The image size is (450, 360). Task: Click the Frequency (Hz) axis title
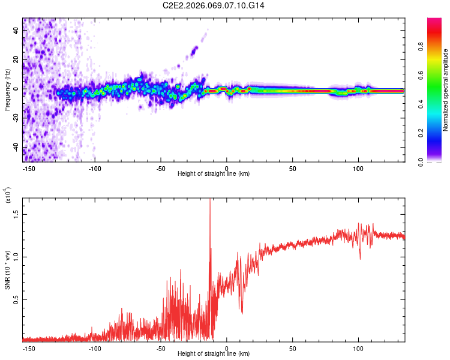click(x=8, y=89)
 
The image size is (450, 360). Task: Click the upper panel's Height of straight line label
click(x=214, y=173)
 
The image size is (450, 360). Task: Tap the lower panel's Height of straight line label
click(x=214, y=353)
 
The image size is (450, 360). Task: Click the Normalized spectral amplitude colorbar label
click(x=446, y=90)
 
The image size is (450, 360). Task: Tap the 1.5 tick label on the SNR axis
click(x=16, y=213)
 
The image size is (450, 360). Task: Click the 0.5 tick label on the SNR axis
click(x=16, y=299)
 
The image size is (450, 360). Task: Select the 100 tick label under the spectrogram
click(x=358, y=168)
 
